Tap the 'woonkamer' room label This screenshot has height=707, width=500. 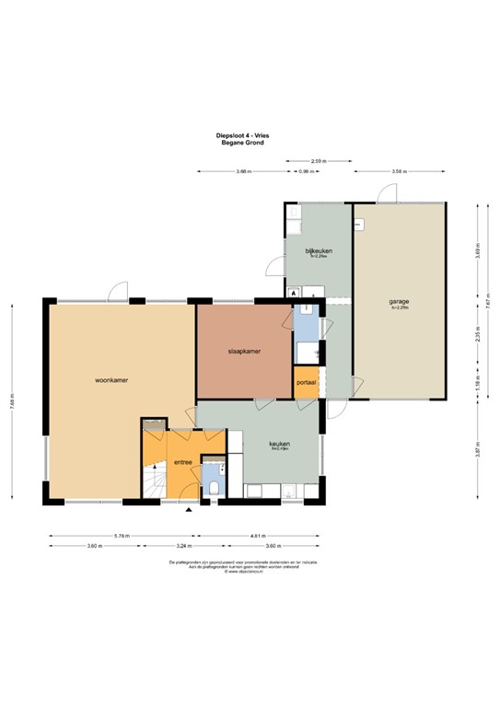[110, 378]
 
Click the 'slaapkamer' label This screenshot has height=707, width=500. [245, 351]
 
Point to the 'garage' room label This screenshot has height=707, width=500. [399, 301]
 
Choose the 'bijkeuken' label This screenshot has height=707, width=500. [319, 250]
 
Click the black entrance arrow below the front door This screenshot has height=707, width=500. [190, 510]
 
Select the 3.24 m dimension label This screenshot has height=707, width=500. [171, 545]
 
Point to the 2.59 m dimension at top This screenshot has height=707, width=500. [319, 161]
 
